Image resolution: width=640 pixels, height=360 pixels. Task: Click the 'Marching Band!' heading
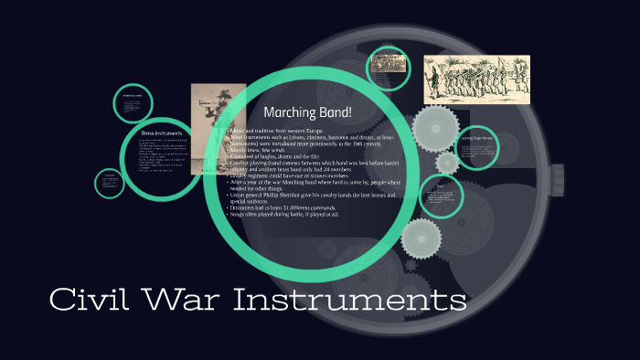(x=307, y=112)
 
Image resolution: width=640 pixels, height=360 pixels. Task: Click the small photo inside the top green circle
(x=388, y=69)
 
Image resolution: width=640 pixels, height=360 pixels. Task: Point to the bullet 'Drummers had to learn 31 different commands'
(x=293, y=209)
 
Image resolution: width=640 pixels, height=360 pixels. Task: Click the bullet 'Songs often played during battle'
(x=287, y=217)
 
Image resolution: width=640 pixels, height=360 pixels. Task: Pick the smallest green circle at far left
(x=110, y=183)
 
